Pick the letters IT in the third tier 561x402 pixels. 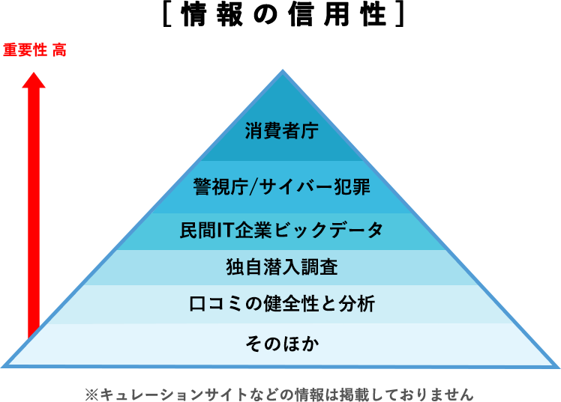(226, 230)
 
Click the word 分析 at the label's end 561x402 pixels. (358, 304)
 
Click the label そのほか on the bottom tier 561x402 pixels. (281, 344)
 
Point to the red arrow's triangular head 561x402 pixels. (33, 79)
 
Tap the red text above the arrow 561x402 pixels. (34, 51)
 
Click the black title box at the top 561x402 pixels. (283, 14)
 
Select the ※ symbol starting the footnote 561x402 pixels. (91, 394)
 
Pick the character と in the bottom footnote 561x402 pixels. (270, 394)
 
